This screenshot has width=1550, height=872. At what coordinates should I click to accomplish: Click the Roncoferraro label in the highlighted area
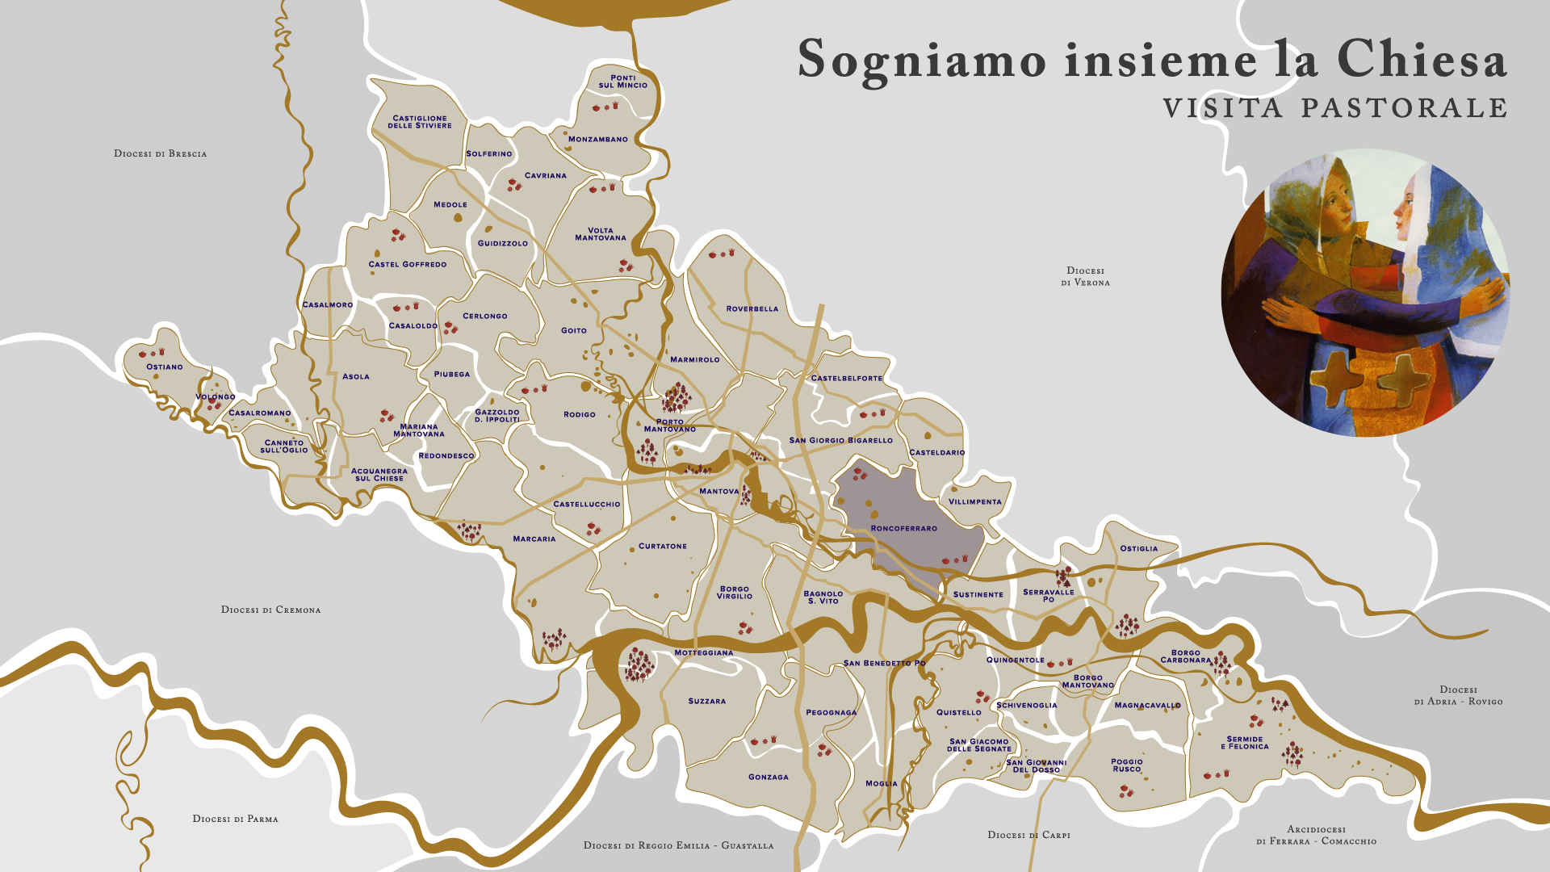point(904,528)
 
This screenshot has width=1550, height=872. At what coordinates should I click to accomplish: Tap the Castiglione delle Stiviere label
point(420,122)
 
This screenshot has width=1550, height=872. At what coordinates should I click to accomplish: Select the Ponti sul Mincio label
point(622,82)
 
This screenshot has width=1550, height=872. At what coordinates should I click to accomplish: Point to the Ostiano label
point(165,367)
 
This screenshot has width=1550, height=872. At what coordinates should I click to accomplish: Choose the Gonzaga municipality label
point(769,777)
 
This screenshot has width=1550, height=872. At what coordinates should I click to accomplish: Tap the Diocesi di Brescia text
point(160,153)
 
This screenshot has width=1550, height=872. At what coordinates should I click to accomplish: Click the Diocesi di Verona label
point(1085,276)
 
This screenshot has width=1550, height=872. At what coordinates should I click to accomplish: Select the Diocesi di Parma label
point(235,819)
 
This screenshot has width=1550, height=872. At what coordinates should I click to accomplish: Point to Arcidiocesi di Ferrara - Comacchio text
point(1316,835)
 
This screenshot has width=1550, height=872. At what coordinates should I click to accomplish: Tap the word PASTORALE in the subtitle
point(1404,108)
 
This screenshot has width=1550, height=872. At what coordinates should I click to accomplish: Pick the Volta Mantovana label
point(601,234)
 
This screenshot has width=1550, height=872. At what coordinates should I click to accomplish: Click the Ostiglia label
point(1138,548)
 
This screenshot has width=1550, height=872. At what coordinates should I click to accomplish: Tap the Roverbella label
point(752,308)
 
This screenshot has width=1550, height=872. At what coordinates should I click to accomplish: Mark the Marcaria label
point(534,539)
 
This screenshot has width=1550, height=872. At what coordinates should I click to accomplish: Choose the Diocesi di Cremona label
point(270,610)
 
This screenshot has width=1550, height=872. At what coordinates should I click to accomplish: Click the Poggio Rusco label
point(1126,765)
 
